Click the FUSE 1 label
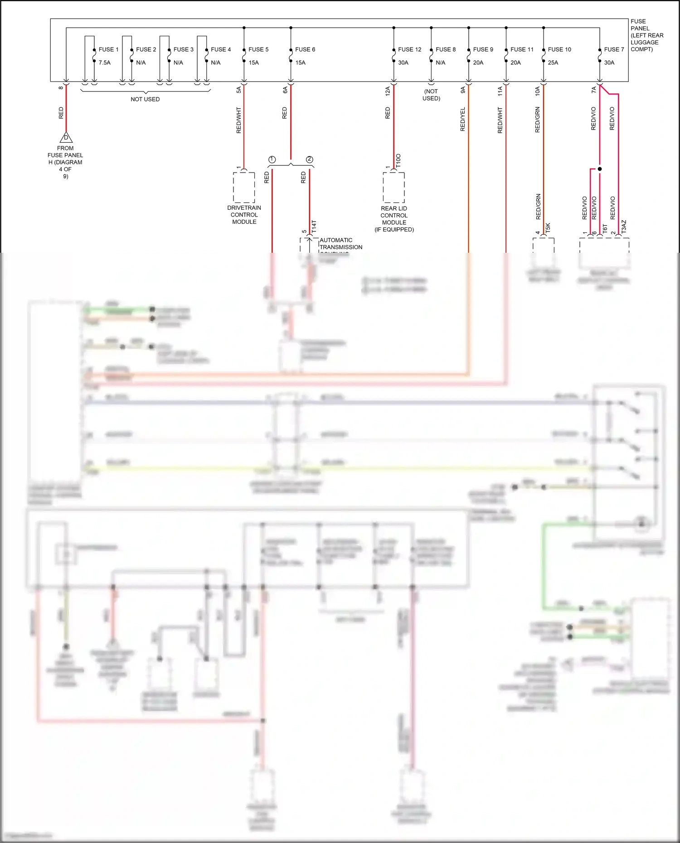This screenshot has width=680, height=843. pyautogui.click(x=108, y=49)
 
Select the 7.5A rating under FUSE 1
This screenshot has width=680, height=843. pyautogui.click(x=104, y=63)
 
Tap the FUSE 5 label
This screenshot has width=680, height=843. pyautogui.click(x=258, y=49)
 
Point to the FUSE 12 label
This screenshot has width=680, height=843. pyautogui.click(x=409, y=49)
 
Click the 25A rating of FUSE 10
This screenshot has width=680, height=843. pyautogui.click(x=553, y=63)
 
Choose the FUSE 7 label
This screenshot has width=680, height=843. pyautogui.click(x=614, y=49)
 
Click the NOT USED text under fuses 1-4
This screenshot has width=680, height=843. pyautogui.click(x=145, y=99)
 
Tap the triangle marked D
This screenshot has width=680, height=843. pyautogui.click(x=66, y=137)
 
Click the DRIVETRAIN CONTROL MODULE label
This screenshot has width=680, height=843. pyautogui.click(x=244, y=215)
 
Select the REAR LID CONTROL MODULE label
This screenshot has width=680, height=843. pyautogui.click(x=394, y=219)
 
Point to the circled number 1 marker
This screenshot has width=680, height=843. pyautogui.click(x=272, y=159)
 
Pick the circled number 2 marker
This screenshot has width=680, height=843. pyautogui.click(x=309, y=159)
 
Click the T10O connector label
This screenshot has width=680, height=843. pyautogui.click(x=398, y=161)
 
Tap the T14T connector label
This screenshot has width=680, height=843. pyautogui.click(x=314, y=227)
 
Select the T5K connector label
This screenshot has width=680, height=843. pyautogui.click(x=548, y=228)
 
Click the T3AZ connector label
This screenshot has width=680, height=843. pyautogui.click(x=624, y=227)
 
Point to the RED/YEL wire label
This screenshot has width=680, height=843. pyautogui.click(x=462, y=120)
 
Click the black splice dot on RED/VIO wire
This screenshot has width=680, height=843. pyautogui.click(x=600, y=169)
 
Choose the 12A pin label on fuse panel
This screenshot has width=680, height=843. pyautogui.click(x=388, y=91)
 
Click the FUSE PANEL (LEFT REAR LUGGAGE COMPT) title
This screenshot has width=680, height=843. pyautogui.click(x=646, y=35)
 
